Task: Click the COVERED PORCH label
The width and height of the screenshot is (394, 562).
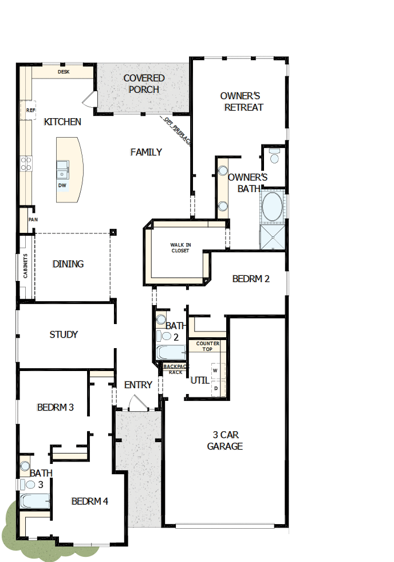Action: click(x=144, y=84)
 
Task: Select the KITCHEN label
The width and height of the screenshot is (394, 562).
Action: click(x=62, y=122)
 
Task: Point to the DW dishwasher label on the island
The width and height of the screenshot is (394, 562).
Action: click(x=61, y=185)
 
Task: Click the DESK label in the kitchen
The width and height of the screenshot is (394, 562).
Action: click(x=63, y=72)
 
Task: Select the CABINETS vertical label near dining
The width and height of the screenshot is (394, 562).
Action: click(x=25, y=267)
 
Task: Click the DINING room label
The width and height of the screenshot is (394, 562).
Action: click(x=68, y=264)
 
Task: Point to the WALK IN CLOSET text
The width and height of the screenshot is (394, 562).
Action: click(x=180, y=248)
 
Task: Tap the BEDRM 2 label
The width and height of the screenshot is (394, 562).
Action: click(x=251, y=279)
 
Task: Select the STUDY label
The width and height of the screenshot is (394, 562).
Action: click(x=64, y=334)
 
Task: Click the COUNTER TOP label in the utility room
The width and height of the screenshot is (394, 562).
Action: click(x=207, y=346)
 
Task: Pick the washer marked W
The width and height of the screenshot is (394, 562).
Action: click(x=215, y=370)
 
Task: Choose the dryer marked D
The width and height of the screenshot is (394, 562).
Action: click(x=215, y=388)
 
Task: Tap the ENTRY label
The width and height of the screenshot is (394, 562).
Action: click(x=138, y=385)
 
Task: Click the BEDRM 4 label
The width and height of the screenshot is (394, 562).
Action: click(x=89, y=501)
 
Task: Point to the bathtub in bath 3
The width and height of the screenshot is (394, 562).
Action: click(x=35, y=501)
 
